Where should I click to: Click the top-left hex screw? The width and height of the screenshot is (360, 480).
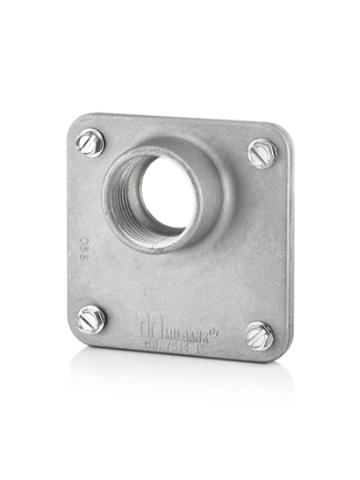[90, 143]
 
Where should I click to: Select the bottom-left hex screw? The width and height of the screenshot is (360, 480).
[91, 319]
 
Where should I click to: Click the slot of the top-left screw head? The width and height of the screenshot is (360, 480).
[90, 142]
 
